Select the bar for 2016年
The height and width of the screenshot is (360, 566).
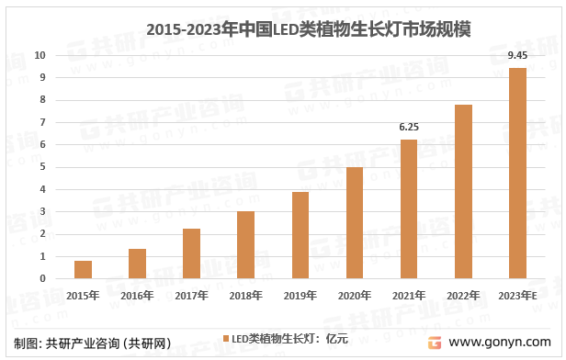coord(137,264)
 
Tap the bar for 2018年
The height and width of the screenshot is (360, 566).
coord(245,245)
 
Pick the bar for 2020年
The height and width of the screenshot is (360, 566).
coord(354,223)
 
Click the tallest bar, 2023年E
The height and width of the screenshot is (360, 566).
coord(517,174)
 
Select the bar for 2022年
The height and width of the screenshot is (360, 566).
coord(463,192)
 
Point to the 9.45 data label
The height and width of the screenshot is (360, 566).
coord(517,57)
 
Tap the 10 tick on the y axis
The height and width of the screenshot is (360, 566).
coord(40,55)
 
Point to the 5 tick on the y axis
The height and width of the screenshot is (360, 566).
coord(42,167)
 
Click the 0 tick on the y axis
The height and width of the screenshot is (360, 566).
coord(42,278)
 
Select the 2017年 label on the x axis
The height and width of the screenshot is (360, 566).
coord(191,296)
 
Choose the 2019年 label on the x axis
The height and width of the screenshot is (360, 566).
coord(300,296)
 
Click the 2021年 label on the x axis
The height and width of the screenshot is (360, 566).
coord(409,296)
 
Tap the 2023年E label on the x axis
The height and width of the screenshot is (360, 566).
coord(517,296)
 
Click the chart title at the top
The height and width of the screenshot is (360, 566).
coord(295,29)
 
